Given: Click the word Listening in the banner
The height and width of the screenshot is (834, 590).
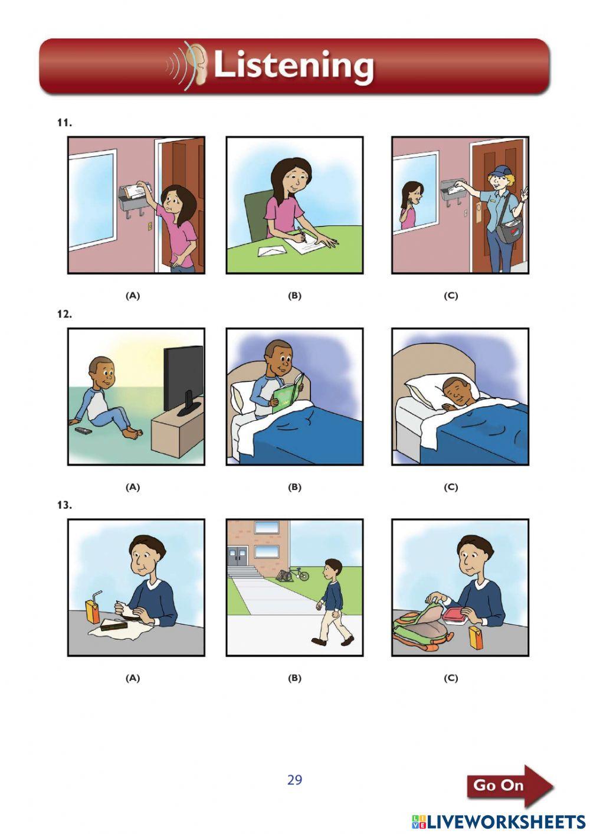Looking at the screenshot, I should tap(293, 65).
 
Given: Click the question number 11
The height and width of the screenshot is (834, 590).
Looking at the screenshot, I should tap(64, 123).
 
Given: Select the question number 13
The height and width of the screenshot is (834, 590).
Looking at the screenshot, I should tap(64, 505).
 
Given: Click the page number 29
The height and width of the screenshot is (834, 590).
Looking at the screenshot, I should tap(294, 780).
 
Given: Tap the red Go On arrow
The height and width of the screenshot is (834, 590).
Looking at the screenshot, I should tap(509, 786).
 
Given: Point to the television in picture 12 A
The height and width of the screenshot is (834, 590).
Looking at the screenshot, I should tap(183, 378).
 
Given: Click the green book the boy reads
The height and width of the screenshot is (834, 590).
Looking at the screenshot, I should tap(287, 393).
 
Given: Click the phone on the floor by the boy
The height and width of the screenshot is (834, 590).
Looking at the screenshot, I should tap(83, 431).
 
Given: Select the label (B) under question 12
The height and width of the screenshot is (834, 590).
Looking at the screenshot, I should tap(294, 487).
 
